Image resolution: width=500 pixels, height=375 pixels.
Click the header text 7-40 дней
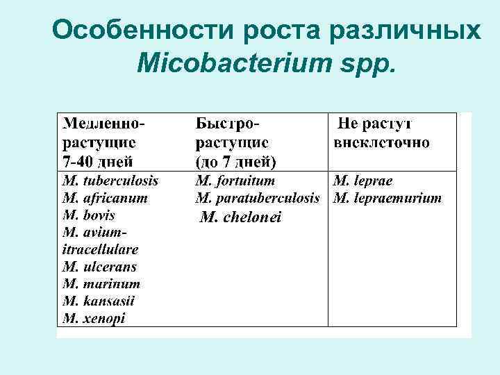(x=98, y=162)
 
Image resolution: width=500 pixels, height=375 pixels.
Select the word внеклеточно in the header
(x=381, y=143)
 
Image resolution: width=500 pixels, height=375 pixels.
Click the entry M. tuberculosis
(x=110, y=181)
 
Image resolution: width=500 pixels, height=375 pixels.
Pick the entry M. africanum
(x=105, y=198)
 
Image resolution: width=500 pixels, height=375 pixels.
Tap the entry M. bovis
(x=89, y=215)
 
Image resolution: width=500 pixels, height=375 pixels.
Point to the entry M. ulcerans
(x=99, y=267)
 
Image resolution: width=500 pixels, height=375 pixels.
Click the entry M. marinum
(x=101, y=284)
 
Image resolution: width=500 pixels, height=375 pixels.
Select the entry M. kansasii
(x=99, y=301)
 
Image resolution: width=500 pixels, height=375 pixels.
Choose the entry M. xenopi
(x=94, y=319)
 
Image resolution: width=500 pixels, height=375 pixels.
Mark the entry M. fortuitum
(x=236, y=181)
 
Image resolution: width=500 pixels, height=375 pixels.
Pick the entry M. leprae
(x=363, y=181)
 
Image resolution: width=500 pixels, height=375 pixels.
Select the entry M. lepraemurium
(x=387, y=198)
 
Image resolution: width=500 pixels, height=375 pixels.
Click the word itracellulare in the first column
(x=100, y=249)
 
